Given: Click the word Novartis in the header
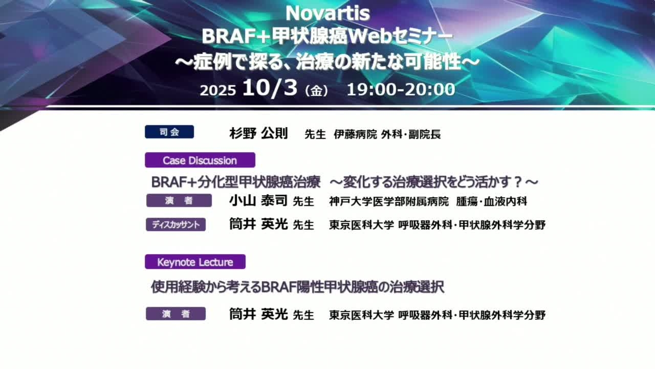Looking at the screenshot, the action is (327, 13).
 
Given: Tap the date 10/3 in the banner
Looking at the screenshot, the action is (270, 88).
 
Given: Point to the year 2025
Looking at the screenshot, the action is (218, 90).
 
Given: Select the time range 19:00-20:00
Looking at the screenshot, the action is (401, 89).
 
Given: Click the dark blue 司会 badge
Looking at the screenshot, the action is (169, 132).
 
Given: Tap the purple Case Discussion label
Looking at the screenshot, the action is (200, 160).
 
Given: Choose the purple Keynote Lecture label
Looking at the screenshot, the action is (195, 262).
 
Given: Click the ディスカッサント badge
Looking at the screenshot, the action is (176, 224).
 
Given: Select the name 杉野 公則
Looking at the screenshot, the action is (259, 134).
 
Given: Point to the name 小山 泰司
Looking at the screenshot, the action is (258, 201).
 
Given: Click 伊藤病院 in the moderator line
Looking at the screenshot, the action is (355, 134).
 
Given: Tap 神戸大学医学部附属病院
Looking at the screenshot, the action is (388, 201).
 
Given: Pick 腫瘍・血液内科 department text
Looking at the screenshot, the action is (492, 201).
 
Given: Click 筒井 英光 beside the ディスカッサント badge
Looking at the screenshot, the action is (258, 224).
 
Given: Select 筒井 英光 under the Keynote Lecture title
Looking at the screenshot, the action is (258, 315).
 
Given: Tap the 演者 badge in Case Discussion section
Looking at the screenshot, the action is (179, 200).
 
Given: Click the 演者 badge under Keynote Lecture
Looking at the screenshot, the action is (176, 314).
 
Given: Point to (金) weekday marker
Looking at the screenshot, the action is (316, 91).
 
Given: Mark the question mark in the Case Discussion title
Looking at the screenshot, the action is (518, 182).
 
